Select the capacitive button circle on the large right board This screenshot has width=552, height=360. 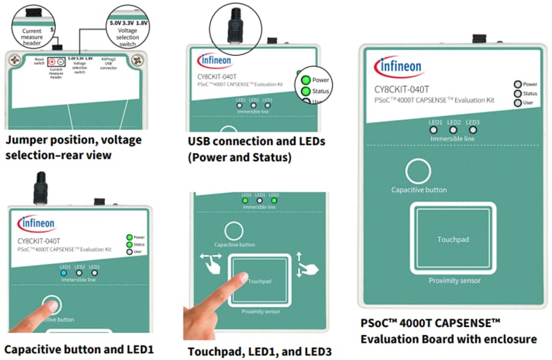pyautogui.click(x=418, y=172)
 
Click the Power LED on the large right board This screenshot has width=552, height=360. pyautogui.click(x=517, y=84)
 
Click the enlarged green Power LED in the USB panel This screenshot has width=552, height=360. pyautogui.click(x=303, y=79)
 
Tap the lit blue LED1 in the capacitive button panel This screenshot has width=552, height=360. pyautogui.click(x=65, y=272)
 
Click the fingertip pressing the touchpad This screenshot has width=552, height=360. pyautogui.click(x=239, y=279)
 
